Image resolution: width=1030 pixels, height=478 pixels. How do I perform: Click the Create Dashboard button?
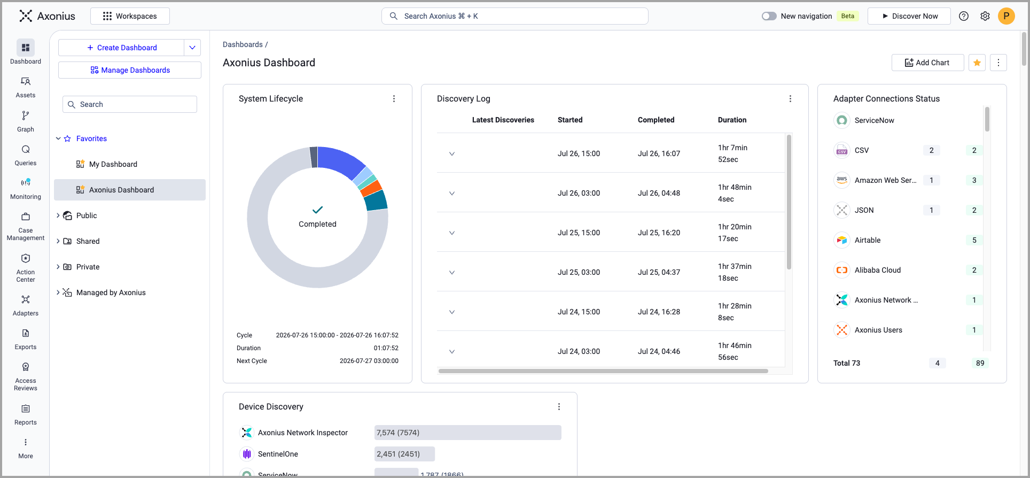coord(121,48)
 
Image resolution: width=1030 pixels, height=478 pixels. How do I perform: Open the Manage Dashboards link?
coord(130,70)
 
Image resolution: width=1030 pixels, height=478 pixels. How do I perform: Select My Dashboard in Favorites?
coord(113,164)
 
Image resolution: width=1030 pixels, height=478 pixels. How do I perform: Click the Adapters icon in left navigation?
coord(26,299)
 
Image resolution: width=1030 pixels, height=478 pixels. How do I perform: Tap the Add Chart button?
coord(927,63)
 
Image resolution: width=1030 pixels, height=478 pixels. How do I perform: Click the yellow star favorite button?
coord(977,63)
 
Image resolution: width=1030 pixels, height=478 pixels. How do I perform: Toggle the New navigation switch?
coord(769,16)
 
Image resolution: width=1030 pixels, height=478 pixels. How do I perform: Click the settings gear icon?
coord(985,16)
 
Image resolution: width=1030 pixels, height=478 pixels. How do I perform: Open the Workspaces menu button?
coord(130,16)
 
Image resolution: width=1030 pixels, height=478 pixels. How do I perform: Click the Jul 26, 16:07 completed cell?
coord(659,153)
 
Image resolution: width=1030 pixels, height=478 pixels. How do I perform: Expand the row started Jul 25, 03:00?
coord(452,273)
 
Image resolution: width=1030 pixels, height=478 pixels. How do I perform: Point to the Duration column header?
coord(732,120)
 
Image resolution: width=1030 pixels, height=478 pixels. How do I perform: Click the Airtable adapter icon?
coord(842,240)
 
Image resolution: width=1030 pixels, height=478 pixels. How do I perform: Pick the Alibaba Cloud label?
coord(877,270)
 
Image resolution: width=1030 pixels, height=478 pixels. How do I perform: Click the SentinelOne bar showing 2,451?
coord(404,454)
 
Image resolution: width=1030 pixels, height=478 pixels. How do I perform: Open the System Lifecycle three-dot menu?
coord(394,99)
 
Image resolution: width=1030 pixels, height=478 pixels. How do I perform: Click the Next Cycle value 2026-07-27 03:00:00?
coord(369,361)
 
